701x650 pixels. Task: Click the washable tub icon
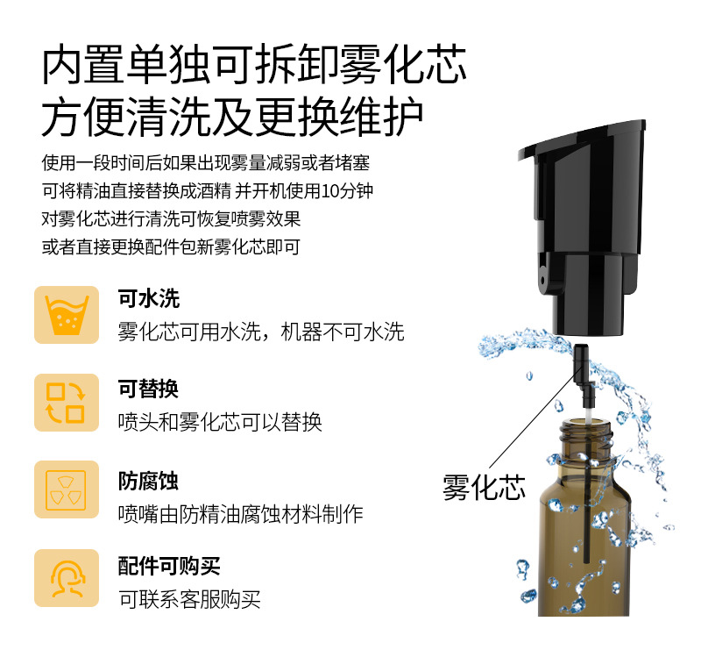coord(67,314)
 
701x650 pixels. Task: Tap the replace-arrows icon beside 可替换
coord(67,403)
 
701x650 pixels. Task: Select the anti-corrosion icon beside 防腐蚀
coord(67,489)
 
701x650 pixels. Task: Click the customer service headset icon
coord(67,578)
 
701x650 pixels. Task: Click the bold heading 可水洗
coord(149,299)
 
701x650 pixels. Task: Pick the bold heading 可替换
coord(149,389)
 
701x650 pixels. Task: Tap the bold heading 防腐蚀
coord(149,482)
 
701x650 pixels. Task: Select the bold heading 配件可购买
coord(169,567)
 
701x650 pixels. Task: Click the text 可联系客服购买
coord(189,599)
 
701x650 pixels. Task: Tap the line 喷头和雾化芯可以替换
coord(220,422)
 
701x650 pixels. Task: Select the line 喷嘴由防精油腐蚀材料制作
coord(241,514)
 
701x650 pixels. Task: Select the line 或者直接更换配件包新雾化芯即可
coord(171,246)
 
